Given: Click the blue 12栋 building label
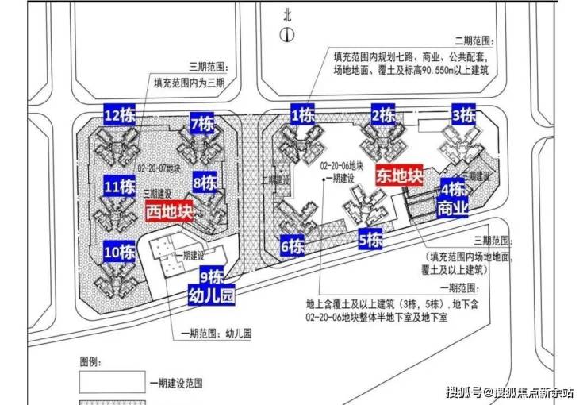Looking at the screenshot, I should click(x=121, y=116).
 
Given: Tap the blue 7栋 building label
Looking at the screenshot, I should click(x=202, y=124).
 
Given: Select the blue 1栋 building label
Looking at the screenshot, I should click(x=304, y=114).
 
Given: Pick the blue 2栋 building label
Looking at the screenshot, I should click(x=384, y=114).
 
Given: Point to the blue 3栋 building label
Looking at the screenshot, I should click(x=463, y=115).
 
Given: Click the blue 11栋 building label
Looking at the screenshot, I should click(x=120, y=187).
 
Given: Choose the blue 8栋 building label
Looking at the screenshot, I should click(x=205, y=183).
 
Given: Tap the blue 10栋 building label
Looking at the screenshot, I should click(x=120, y=253).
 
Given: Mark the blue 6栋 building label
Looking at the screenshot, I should click(x=293, y=245).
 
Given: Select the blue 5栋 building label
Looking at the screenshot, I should click(x=370, y=238).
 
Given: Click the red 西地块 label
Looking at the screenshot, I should click(x=170, y=212).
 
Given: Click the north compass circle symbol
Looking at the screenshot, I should click(x=287, y=34).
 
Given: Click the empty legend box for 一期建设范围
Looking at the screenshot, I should click(x=112, y=382).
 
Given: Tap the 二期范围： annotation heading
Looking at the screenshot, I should click(x=473, y=40).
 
